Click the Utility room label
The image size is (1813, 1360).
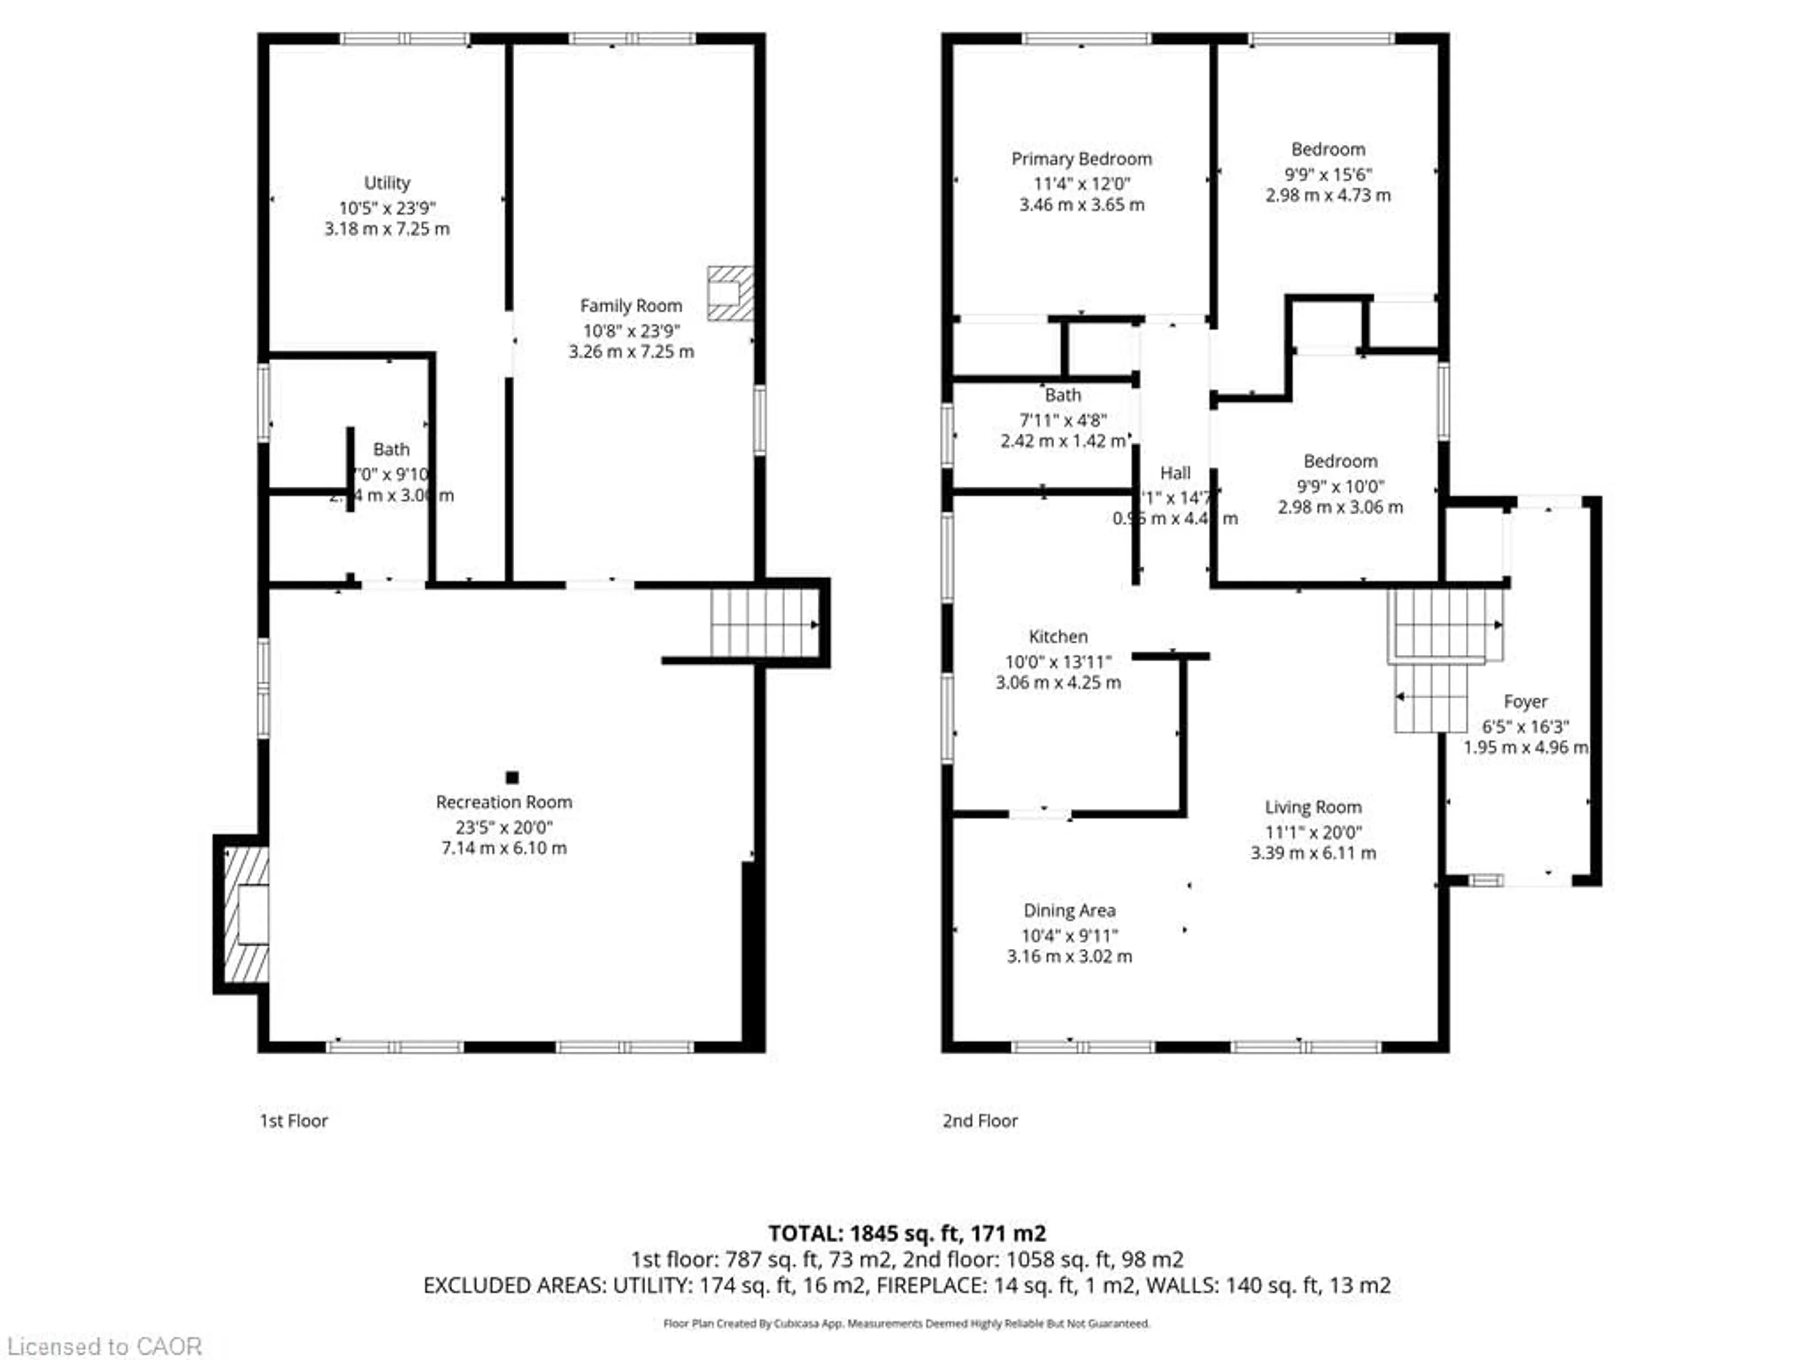click(387, 183)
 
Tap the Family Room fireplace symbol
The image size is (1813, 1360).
click(729, 293)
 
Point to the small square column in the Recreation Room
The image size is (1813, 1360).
click(512, 777)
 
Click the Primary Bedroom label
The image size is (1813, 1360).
click(1081, 159)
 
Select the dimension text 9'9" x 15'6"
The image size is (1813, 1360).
click(1328, 174)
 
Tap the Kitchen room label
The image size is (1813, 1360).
click(1058, 636)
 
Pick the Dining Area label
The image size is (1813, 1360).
click(1069, 910)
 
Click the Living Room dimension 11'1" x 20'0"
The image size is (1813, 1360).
click(1313, 832)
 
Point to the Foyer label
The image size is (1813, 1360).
click(1525, 702)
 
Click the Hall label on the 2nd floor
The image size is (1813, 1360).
click(1175, 473)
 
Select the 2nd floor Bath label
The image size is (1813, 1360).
click(1063, 395)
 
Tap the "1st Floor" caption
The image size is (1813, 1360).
click(293, 1121)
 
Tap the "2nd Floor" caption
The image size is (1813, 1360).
click(980, 1121)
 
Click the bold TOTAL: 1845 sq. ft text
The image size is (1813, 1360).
click(906, 1233)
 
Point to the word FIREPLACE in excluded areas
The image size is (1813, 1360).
click(931, 1285)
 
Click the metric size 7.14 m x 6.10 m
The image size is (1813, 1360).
click(504, 848)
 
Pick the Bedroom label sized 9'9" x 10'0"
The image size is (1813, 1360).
click(1340, 461)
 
